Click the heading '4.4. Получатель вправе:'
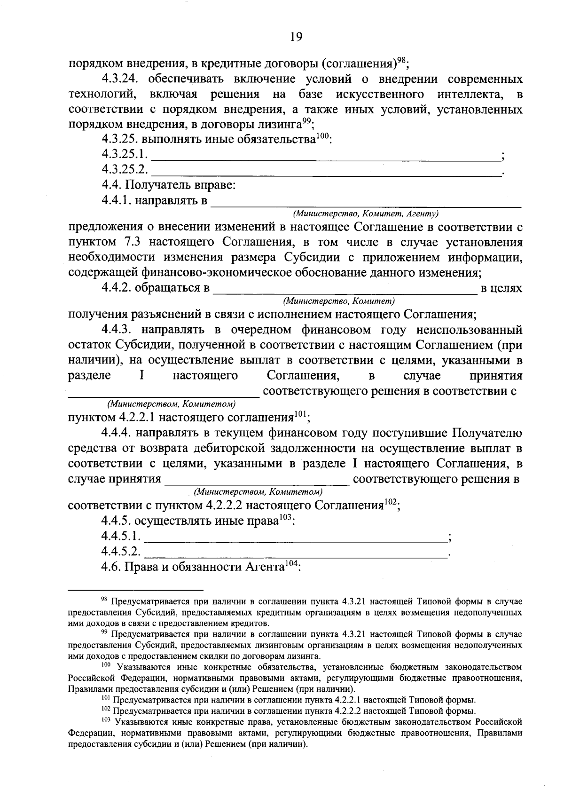pos(168,186)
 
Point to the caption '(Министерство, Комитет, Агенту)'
pos(365,214)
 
